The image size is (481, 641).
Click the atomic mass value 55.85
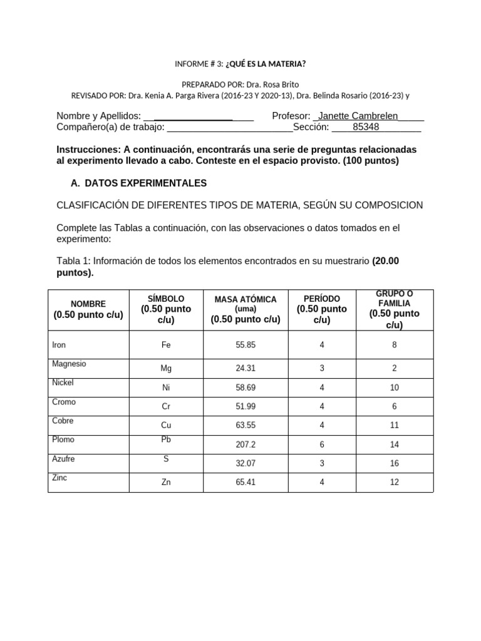[246, 345]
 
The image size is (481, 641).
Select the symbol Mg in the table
[166, 369]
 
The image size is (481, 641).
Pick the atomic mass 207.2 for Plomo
[246, 446]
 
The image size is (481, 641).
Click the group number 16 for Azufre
[394, 464]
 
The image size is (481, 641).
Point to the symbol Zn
[166, 483]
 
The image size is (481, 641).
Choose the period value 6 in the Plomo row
[322, 446]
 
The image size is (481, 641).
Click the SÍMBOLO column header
[166, 299]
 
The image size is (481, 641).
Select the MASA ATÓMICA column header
[246, 299]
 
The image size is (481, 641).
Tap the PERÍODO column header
[322, 299]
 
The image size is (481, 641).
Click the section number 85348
[366, 127]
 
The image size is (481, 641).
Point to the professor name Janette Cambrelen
[358, 116]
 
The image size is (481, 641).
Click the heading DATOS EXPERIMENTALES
[145, 183]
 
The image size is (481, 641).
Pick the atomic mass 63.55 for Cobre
[246, 426]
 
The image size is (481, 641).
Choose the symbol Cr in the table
[166, 406]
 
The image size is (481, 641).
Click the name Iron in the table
[59, 345]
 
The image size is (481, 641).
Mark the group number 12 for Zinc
[394, 483]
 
